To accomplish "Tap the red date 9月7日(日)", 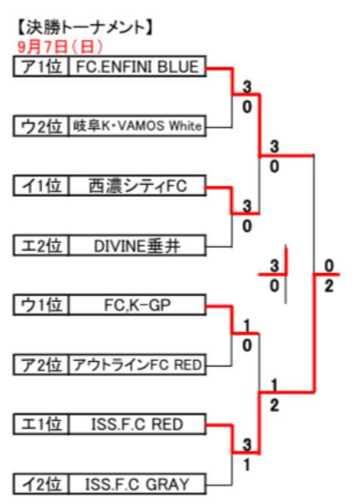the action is pyautogui.click(x=60, y=47).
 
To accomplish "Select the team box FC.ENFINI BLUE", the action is pyautogui.click(x=138, y=67).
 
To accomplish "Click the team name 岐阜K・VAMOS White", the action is pyautogui.click(x=138, y=126).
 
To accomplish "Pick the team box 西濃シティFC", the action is pyautogui.click(x=138, y=186).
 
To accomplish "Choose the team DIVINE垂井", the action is pyautogui.click(x=138, y=246).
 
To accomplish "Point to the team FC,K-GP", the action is pyautogui.click(x=138, y=305).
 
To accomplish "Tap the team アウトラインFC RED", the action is pyautogui.click(x=138, y=365).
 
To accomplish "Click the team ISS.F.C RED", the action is pyautogui.click(x=138, y=424).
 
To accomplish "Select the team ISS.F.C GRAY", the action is pyautogui.click(x=138, y=484).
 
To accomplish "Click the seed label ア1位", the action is pyautogui.click(x=41, y=67).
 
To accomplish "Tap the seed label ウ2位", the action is pyautogui.click(x=41, y=126).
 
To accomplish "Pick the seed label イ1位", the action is pyautogui.click(x=41, y=186).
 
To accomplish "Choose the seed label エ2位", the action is pyautogui.click(x=41, y=246).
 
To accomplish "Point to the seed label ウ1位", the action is pyautogui.click(x=41, y=305).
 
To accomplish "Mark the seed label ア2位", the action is pyautogui.click(x=41, y=365).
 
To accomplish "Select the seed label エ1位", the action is pyautogui.click(x=41, y=424).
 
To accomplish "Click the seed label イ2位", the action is pyautogui.click(x=41, y=484).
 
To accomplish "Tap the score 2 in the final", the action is pyautogui.click(x=329, y=285).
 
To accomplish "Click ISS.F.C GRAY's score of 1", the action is pyautogui.click(x=247, y=464).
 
